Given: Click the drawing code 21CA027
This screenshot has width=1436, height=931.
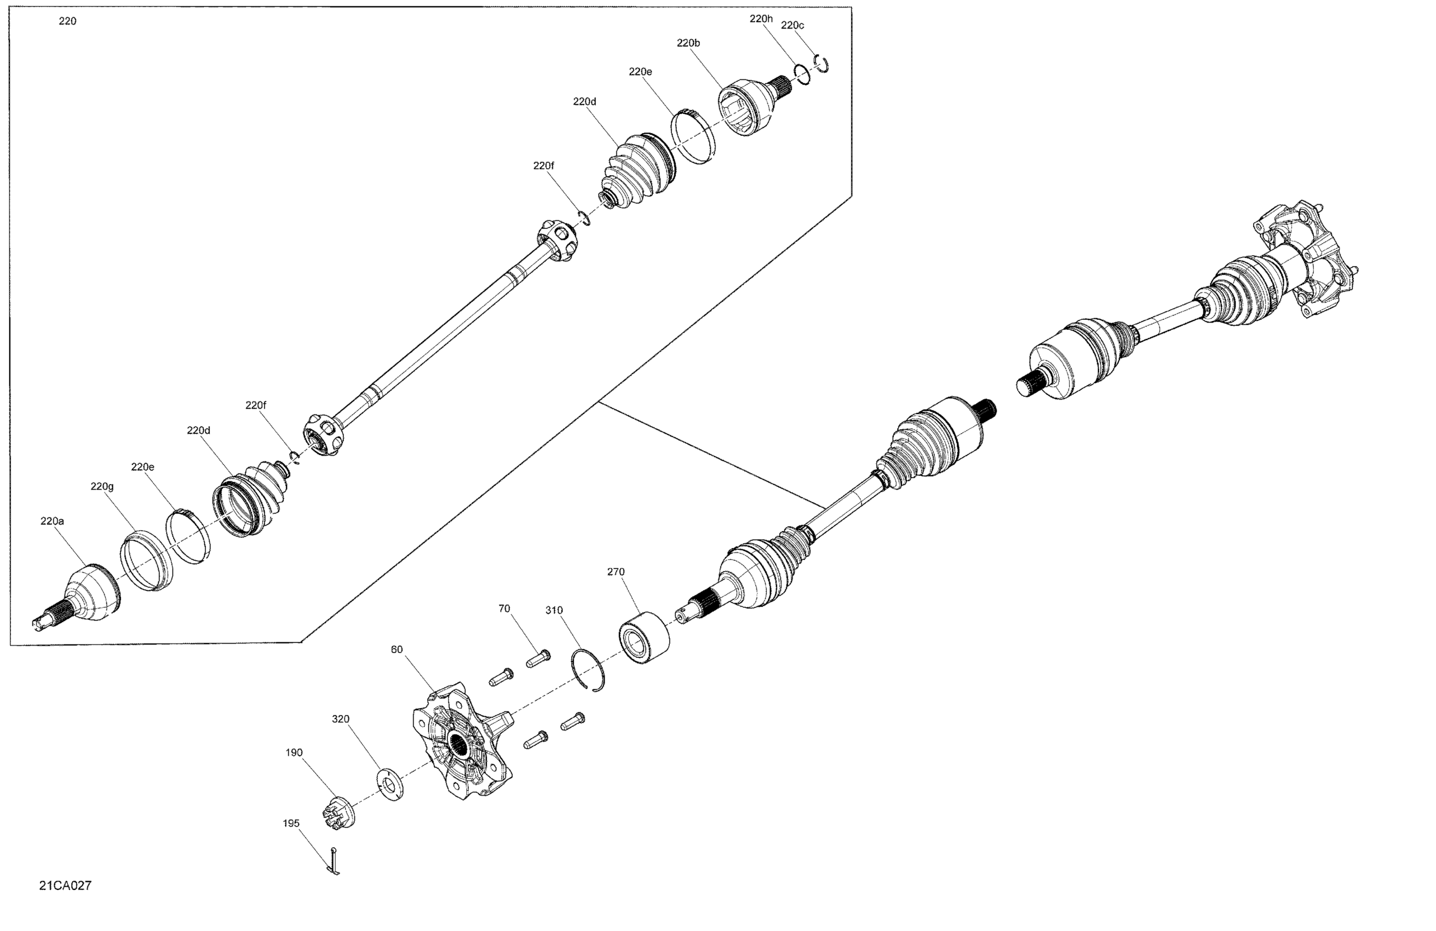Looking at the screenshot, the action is tap(65, 885).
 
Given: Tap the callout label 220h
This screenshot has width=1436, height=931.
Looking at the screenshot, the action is tap(761, 19).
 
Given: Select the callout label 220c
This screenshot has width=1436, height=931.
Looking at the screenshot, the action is tap(792, 25).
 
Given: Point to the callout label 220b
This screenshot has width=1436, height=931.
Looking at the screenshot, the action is tap(688, 43).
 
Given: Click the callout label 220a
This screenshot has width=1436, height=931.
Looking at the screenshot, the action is tap(52, 521).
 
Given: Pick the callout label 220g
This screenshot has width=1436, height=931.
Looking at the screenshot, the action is tap(102, 486).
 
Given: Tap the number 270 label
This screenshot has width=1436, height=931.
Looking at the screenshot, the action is tap(616, 571).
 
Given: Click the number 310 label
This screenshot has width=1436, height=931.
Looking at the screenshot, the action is tap(554, 610).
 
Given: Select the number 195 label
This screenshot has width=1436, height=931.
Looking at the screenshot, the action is tap(291, 823).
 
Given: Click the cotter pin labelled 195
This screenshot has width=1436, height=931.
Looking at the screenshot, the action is tap(334, 861).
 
